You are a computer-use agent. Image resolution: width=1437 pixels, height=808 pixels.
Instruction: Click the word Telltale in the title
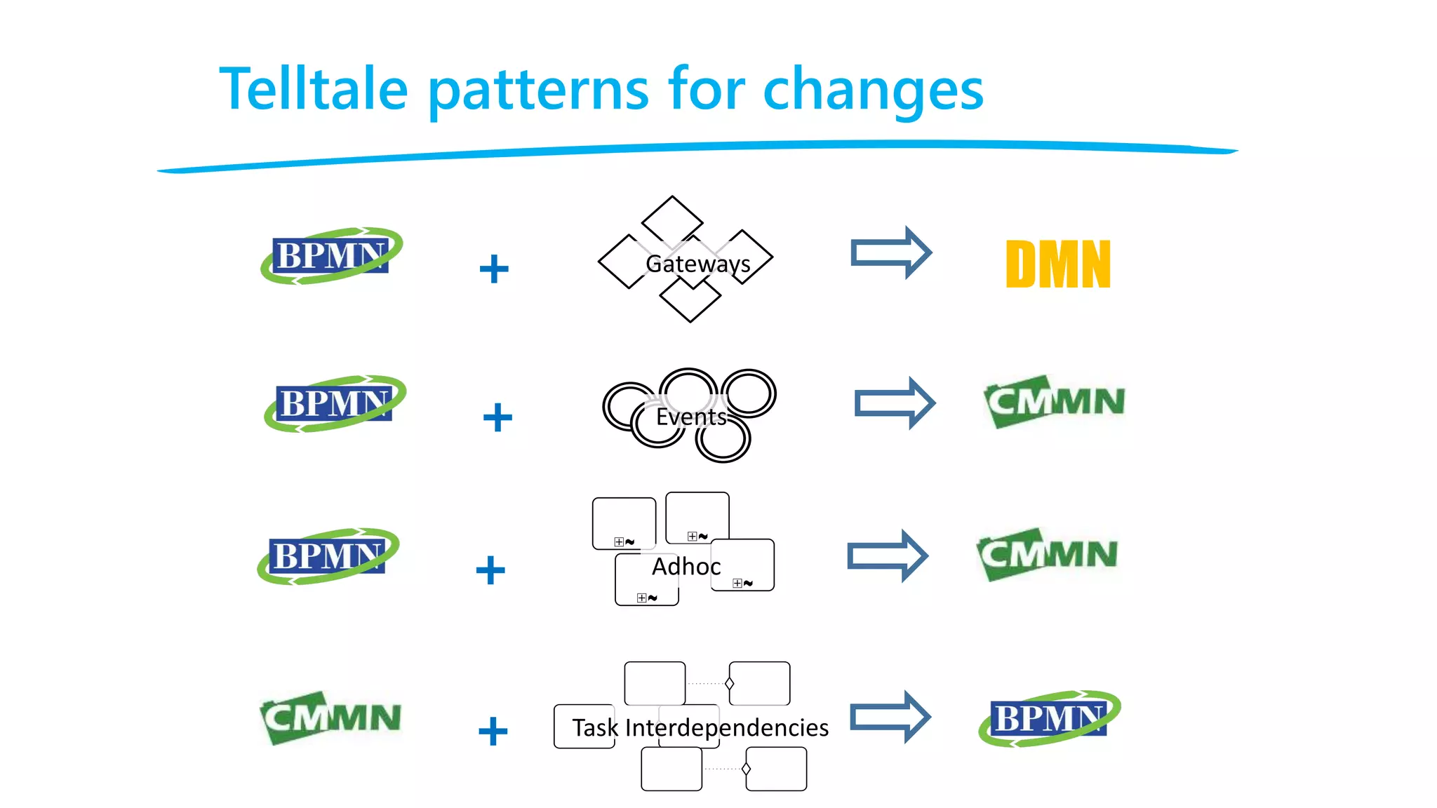point(314,89)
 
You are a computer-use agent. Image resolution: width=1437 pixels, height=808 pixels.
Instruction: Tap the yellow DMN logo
point(1058,264)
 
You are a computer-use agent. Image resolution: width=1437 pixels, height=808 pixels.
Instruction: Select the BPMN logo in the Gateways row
point(331,255)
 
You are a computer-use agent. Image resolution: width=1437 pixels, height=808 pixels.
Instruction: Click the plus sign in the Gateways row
point(494,269)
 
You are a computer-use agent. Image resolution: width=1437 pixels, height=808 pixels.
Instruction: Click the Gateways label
point(697,264)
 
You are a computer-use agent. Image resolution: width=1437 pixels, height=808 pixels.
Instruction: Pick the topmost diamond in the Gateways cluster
point(672,219)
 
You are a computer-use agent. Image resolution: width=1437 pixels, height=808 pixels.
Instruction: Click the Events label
point(691,417)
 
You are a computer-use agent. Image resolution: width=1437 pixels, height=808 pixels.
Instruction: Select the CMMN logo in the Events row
point(1055,401)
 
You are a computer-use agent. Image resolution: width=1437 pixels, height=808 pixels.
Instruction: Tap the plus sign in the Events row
point(497,417)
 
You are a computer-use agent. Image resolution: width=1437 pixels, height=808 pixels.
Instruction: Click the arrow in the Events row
point(895,403)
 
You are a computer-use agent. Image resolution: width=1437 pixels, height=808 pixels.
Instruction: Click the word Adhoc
point(686,566)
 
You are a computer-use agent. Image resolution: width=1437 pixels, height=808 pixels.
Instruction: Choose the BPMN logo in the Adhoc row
point(328,556)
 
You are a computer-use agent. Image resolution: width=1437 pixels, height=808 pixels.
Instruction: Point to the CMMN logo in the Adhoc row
point(1047,554)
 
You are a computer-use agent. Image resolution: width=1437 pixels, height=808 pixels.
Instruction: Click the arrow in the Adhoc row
point(888,556)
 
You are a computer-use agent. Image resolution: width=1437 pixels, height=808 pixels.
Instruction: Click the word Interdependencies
point(726,727)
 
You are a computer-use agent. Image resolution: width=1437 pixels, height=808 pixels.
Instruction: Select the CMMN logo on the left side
point(330,718)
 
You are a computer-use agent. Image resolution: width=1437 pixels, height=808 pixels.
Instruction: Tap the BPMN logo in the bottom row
point(1049,718)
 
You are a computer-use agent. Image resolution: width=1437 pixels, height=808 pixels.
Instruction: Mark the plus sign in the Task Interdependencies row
point(493,731)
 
